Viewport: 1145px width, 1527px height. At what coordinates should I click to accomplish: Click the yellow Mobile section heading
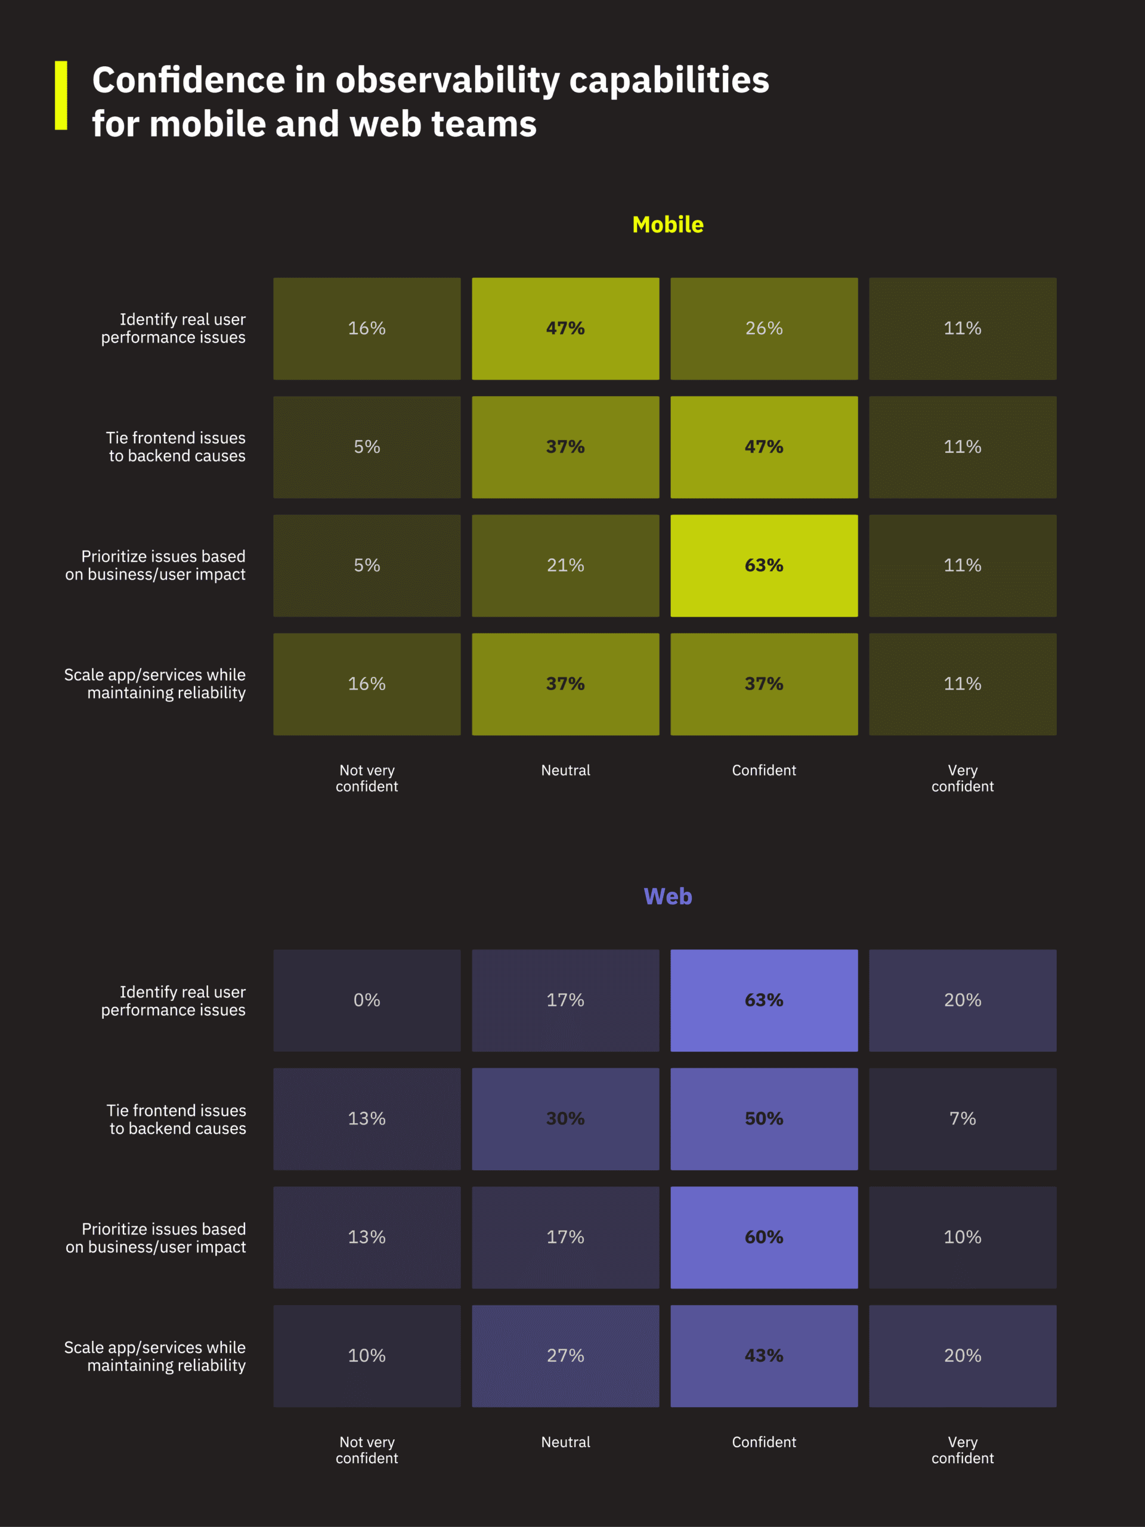667,224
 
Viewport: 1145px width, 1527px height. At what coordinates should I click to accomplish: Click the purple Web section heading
667,896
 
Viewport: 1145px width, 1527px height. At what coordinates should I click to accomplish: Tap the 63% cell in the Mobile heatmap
763,565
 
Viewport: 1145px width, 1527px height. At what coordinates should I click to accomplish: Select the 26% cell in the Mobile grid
763,329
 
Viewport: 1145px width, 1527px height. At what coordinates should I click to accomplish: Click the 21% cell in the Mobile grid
565,565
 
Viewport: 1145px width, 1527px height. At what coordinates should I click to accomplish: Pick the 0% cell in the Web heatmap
367,1000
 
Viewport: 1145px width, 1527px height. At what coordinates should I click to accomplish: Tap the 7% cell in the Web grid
962,1118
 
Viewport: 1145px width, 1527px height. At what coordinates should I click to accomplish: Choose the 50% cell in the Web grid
763,1118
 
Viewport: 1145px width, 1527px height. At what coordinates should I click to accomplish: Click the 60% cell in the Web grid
763,1237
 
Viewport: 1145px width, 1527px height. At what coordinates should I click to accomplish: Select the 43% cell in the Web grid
763,1356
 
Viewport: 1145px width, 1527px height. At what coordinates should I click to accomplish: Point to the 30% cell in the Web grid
565,1118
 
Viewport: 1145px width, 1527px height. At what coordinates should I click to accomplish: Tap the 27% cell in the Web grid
565,1356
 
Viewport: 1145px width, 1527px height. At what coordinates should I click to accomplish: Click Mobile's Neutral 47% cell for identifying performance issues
565,329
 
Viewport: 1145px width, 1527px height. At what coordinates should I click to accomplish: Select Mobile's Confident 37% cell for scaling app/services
763,684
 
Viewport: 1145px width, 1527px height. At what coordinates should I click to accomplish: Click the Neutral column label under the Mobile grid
565,771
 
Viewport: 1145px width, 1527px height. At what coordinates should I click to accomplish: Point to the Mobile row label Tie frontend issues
176,447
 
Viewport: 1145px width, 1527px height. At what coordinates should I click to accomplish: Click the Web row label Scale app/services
155,1356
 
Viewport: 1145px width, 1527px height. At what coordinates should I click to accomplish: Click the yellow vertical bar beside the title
61,95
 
